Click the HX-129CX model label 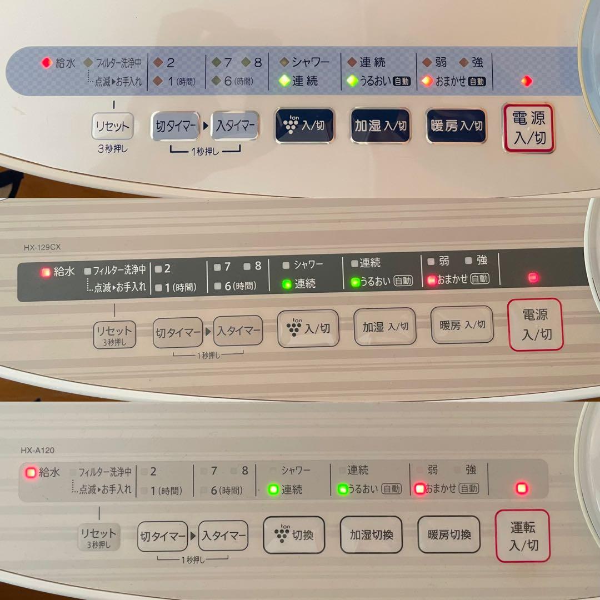42,247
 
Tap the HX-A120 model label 38,450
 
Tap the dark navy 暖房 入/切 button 456,126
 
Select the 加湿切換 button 371,534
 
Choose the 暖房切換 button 449,534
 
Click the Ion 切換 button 294,534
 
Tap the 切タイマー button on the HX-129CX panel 178,332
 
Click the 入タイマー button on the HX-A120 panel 223,536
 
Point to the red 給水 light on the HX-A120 31,473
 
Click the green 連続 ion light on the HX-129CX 287,284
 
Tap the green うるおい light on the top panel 352,81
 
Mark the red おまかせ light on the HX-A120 420,489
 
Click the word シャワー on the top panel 311,62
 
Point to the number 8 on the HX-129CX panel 258,266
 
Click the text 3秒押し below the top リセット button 112,148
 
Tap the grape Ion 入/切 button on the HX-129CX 308,328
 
